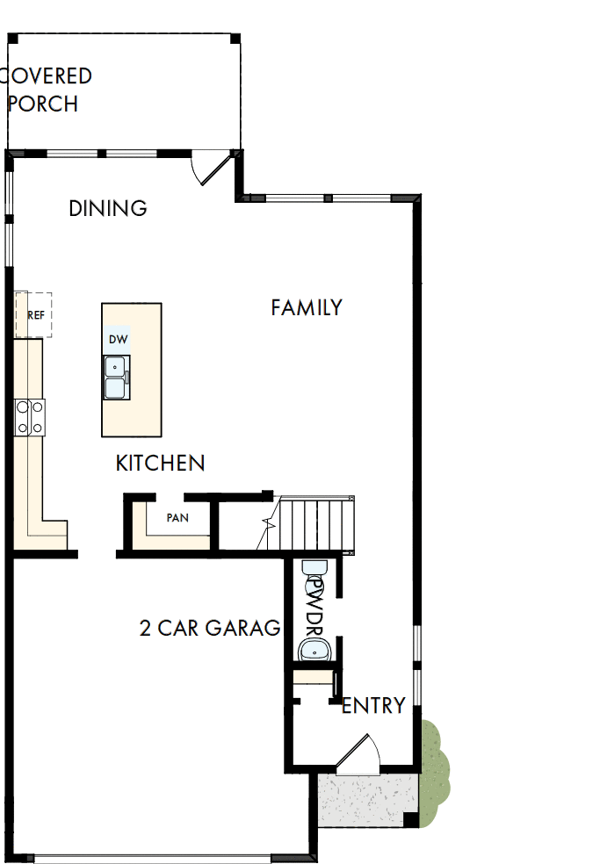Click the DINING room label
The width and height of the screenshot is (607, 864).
click(108, 208)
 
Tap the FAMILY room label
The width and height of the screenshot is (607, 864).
click(306, 307)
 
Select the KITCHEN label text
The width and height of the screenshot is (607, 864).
click(160, 463)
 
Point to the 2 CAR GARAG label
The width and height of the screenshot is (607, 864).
click(210, 628)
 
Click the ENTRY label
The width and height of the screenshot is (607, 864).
click(373, 705)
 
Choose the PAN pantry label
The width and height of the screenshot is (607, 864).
click(177, 518)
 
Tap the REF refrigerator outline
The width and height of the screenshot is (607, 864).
click(34, 315)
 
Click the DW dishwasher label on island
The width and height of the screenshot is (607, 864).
click(118, 339)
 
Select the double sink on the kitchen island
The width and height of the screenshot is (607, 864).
click(115, 378)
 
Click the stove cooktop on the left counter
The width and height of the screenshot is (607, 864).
click(30, 416)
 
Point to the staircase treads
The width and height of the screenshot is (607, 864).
click(318, 524)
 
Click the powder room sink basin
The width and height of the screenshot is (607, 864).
click(314, 651)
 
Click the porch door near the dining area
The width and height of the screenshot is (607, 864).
click(212, 166)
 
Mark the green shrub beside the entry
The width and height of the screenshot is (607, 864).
click(434, 772)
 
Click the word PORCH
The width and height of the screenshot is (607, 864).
click(43, 104)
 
